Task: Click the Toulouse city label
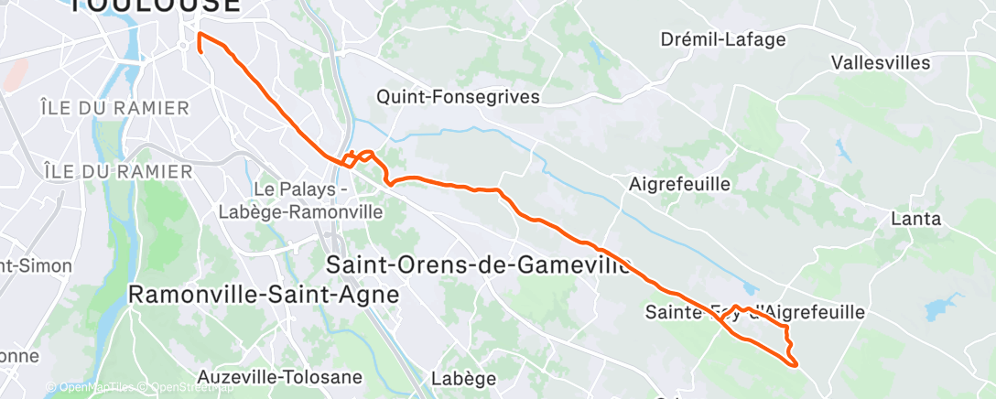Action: point(155,5)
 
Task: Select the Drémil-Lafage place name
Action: point(722,39)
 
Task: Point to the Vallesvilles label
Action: point(881,63)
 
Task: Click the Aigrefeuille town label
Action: point(680,184)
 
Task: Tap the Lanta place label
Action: point(916,220)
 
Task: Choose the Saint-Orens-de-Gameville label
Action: point(479,265)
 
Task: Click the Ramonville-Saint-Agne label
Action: point(264,295)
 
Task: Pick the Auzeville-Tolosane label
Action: point(280,377)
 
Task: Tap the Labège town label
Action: point(464,378)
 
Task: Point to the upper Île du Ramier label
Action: point(114,108)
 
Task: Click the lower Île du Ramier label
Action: point(118,171)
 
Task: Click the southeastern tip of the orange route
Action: point(796,365)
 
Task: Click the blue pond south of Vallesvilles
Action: point(840,146)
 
